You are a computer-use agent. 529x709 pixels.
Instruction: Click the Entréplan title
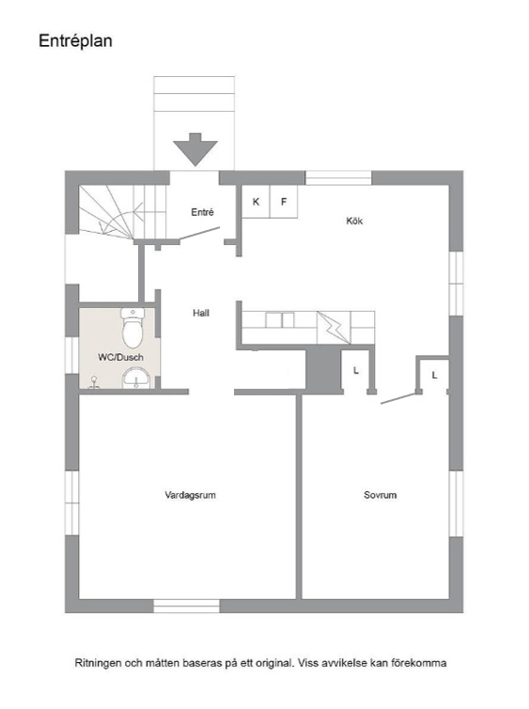(x=75, y=41)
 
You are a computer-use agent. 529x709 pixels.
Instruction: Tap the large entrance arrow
(x=195, y=149)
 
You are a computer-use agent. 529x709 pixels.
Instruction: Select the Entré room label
(x=202, y=212)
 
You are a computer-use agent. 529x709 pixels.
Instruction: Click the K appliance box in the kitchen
(x=256, y=202)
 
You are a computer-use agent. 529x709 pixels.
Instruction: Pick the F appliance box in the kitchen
(x=284, y=202)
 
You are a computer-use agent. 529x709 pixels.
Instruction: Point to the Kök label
(x=354, y=221)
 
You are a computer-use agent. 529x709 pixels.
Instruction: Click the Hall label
(x=201, y=313)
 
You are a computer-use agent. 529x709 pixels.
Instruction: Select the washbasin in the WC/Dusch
(x=136, y=378)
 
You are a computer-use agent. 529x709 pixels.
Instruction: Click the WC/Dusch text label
(x=121, y=357)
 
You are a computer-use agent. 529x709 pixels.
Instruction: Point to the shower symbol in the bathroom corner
(x=94, y=382)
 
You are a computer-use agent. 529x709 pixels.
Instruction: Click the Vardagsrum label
(x=190, y=495)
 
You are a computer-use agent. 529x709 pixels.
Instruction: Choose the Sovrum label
(x=381, y=495)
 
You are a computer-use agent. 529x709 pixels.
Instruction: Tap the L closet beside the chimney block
(x=357, y=370)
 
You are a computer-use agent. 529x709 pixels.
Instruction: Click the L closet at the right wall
(x=434, y=375)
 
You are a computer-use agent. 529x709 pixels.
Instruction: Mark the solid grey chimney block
(x=323, y=371)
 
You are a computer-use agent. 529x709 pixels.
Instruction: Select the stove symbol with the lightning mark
(x=334, y=328)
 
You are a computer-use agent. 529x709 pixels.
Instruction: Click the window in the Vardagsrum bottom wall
(x=186, y=606)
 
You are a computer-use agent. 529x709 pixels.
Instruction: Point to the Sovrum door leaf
(x=398, y=398)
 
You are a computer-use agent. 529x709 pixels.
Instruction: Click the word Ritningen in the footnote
(x=99, y=663)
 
